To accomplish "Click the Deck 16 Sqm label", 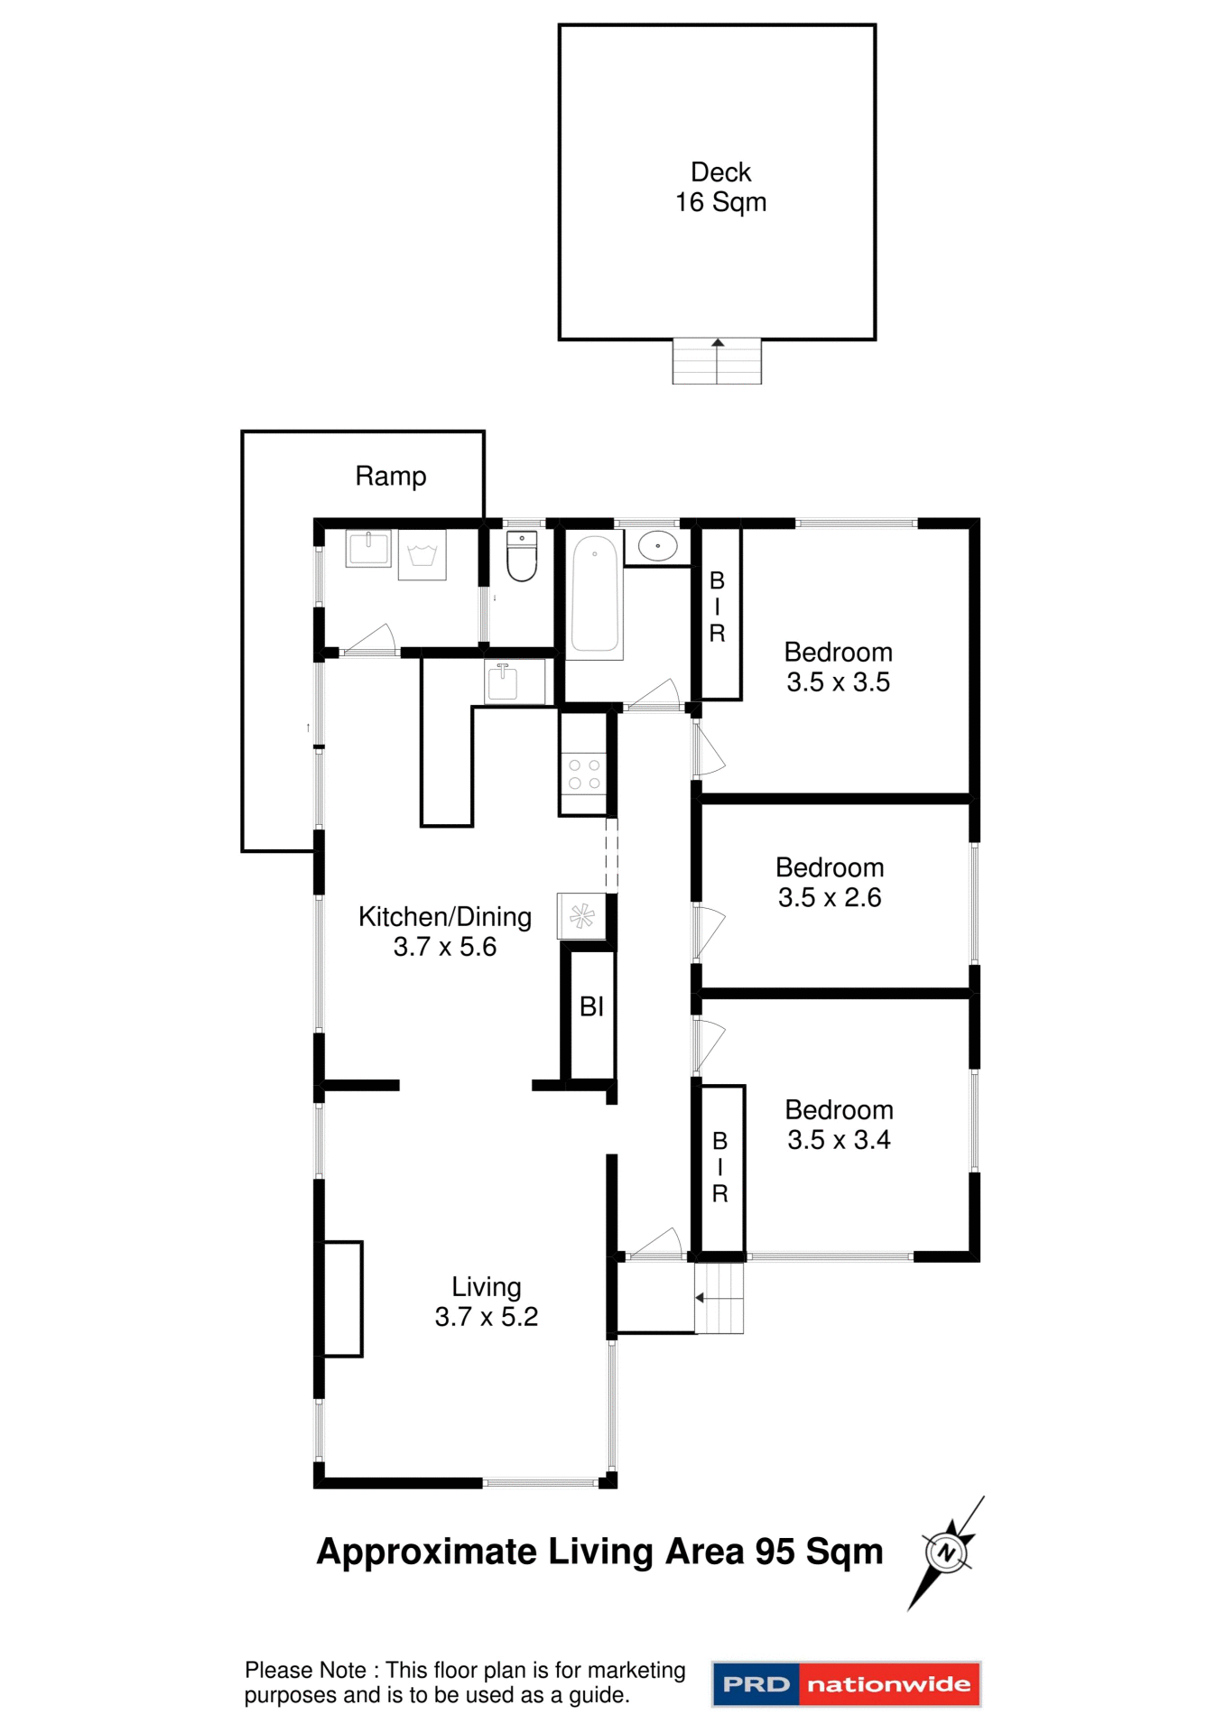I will click(x=720, y=187).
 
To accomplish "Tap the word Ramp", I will click(x=390, y=476).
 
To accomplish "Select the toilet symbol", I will click(x=522, y=556).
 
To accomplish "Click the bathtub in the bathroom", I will click(x=596, y=594).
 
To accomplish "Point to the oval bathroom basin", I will click(x=658, y=546).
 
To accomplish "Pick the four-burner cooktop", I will click(x=583, y=774).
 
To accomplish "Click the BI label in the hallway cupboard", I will click(x=591, y=1006).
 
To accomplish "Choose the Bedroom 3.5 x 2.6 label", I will click(x=830, y=883).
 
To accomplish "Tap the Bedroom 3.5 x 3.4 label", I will click(x=839, y=1125).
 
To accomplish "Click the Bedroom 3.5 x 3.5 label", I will click(x=838, y=667).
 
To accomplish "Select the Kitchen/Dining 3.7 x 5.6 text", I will click(x=445, y=931).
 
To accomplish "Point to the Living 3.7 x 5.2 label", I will click(x=486, y=1302).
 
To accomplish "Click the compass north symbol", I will click(x=946, y=1552).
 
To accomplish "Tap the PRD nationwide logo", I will click(x=846, y=1684).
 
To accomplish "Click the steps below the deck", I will click(x=717, y=362).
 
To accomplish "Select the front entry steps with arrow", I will click(x=719, y=1298).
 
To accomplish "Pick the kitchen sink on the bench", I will click(x=503, y=682).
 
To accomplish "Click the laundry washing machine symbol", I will click(x=422, y=555).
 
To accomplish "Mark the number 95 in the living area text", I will click(x=775, y=1552).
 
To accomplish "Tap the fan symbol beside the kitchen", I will click(x=581, y=917).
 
